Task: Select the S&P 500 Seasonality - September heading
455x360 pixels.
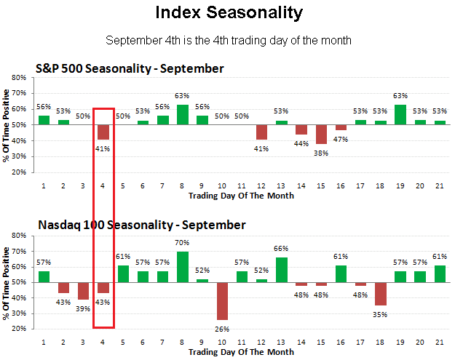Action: (x=130, y=69)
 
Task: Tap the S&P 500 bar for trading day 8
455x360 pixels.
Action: (x=183, y=115)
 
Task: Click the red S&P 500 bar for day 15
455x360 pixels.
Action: (x=321, y=135)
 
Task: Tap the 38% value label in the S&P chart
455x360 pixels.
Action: (x=321, y=152)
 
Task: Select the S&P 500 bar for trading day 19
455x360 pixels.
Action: (x=400, y=115)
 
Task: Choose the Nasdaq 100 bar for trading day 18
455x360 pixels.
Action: (x=380, y=294)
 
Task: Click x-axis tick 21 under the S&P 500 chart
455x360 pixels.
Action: (x=439, y=185)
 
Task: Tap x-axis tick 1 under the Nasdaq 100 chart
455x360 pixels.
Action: (x=44, y=342)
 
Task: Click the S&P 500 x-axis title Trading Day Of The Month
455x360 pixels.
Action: (x=241, y=196)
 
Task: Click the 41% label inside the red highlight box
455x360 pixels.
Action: (x=103, y=148)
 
